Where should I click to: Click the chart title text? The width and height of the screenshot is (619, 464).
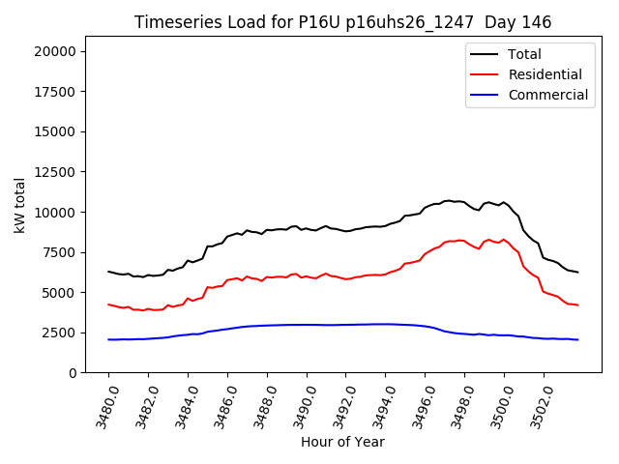point(342,22)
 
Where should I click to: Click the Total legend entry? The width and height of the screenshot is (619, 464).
point(524,54)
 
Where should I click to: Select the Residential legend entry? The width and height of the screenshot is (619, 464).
point(545,74)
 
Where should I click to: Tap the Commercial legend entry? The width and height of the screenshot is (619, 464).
point(547,95)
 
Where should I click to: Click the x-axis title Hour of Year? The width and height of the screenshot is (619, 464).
point(342,442)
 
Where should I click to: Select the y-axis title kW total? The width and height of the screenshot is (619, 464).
point(19,212)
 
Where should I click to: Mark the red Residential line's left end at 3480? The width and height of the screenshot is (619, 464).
point(108,304)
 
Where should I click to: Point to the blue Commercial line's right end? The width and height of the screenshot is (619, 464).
point(577,339)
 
